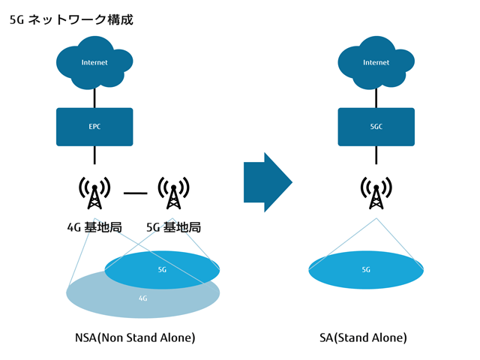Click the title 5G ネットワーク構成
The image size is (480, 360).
[71, 20]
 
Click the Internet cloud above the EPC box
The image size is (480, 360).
[94, 63]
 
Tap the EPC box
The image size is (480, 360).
[94, 127]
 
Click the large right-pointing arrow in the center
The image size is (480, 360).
[267, 182]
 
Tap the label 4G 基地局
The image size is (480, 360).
[94, 226]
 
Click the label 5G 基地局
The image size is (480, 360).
[173, 226]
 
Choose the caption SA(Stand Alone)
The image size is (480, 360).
[363, 337]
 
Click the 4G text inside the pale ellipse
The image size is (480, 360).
[142, 298]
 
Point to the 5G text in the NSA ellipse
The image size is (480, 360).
[162, 269]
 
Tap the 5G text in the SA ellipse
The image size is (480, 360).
[366, 269]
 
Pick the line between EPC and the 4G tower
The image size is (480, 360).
[94, 155]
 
